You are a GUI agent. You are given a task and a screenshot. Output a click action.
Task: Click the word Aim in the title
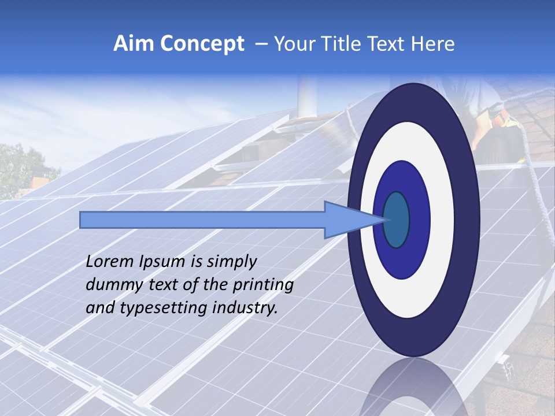(x=132, y=44)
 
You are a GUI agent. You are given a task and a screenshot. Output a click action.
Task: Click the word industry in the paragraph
(x=245, y=309)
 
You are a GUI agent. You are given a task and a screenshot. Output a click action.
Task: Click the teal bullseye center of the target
(x=396, y=220)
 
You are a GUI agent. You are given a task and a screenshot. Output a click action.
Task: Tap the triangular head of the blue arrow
(x=347, y=220)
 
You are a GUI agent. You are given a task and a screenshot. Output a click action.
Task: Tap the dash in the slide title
(x=261, y=44)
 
